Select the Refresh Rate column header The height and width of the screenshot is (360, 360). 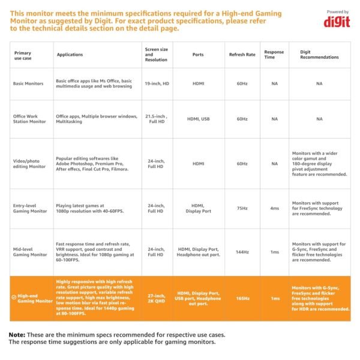(x=242, y=55)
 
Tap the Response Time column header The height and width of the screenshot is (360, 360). (x=274, y=55)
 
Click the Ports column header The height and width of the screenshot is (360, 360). (x=197, y=55)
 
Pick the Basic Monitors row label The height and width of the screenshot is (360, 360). (x=28, y=83)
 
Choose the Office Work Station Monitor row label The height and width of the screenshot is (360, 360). (x=29, y=119)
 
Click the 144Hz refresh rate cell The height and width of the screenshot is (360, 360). (x=242, y=252)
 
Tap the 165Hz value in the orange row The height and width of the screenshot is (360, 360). (x=242, y=298)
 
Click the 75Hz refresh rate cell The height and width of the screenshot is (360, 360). (x=242, y=208)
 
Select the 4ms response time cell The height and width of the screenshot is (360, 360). (x=274, y=208)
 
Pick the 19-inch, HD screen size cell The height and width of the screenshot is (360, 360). (x=157, y=83)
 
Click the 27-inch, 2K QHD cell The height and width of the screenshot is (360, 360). (x=157, y=298)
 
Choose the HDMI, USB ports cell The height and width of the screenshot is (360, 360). (x=198, y=119)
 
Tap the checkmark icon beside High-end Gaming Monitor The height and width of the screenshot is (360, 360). (x=14, y=296)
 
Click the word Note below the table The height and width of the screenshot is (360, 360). (x=17, y=334)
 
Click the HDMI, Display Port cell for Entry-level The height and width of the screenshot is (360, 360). (x=198, y=208)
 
